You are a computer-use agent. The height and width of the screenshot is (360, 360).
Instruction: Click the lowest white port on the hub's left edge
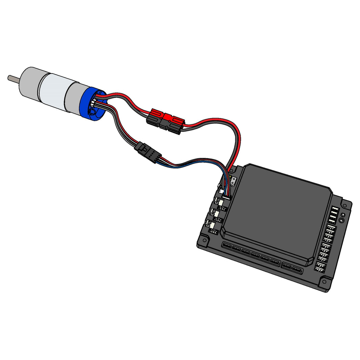click(213, 231)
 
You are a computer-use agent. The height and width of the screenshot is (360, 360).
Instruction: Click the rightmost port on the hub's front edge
click(297, 270)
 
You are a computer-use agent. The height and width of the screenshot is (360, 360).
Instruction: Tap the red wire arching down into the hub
click(238, 142)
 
